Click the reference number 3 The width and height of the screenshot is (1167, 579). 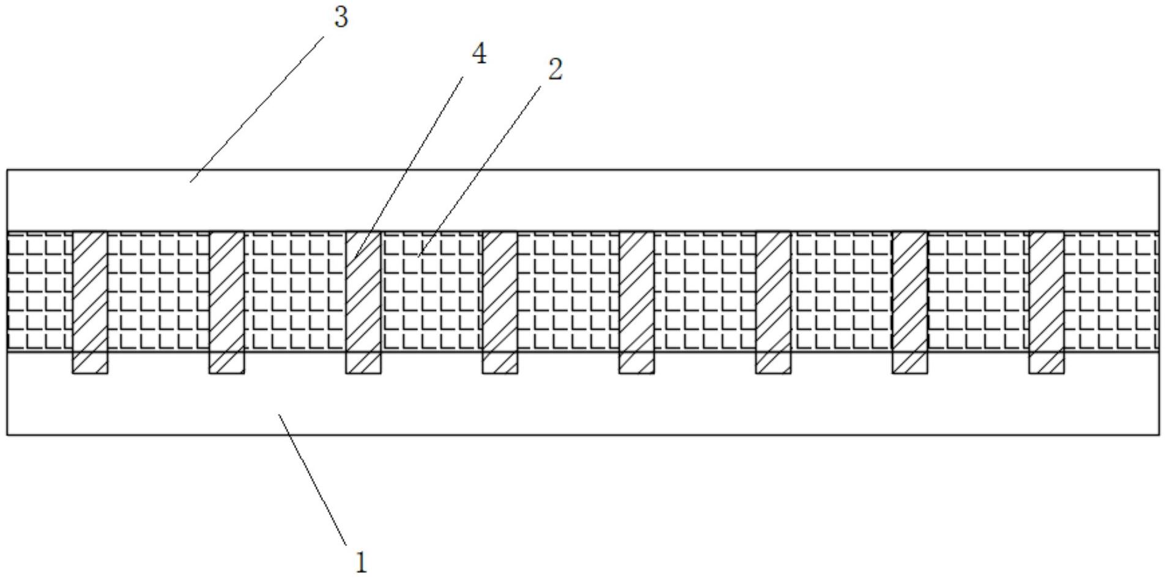click(341, 17)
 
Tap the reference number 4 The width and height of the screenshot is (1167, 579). click(479, 54)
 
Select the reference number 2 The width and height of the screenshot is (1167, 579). click(555, 70)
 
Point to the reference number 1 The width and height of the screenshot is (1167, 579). click(361, 562)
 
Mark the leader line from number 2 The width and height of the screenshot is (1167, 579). click(480, 171)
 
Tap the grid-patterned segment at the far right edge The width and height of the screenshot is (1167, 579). click(1111, 291)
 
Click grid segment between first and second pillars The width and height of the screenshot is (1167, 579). click(158, 291)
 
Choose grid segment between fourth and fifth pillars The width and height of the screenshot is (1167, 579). click(568, 291)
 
